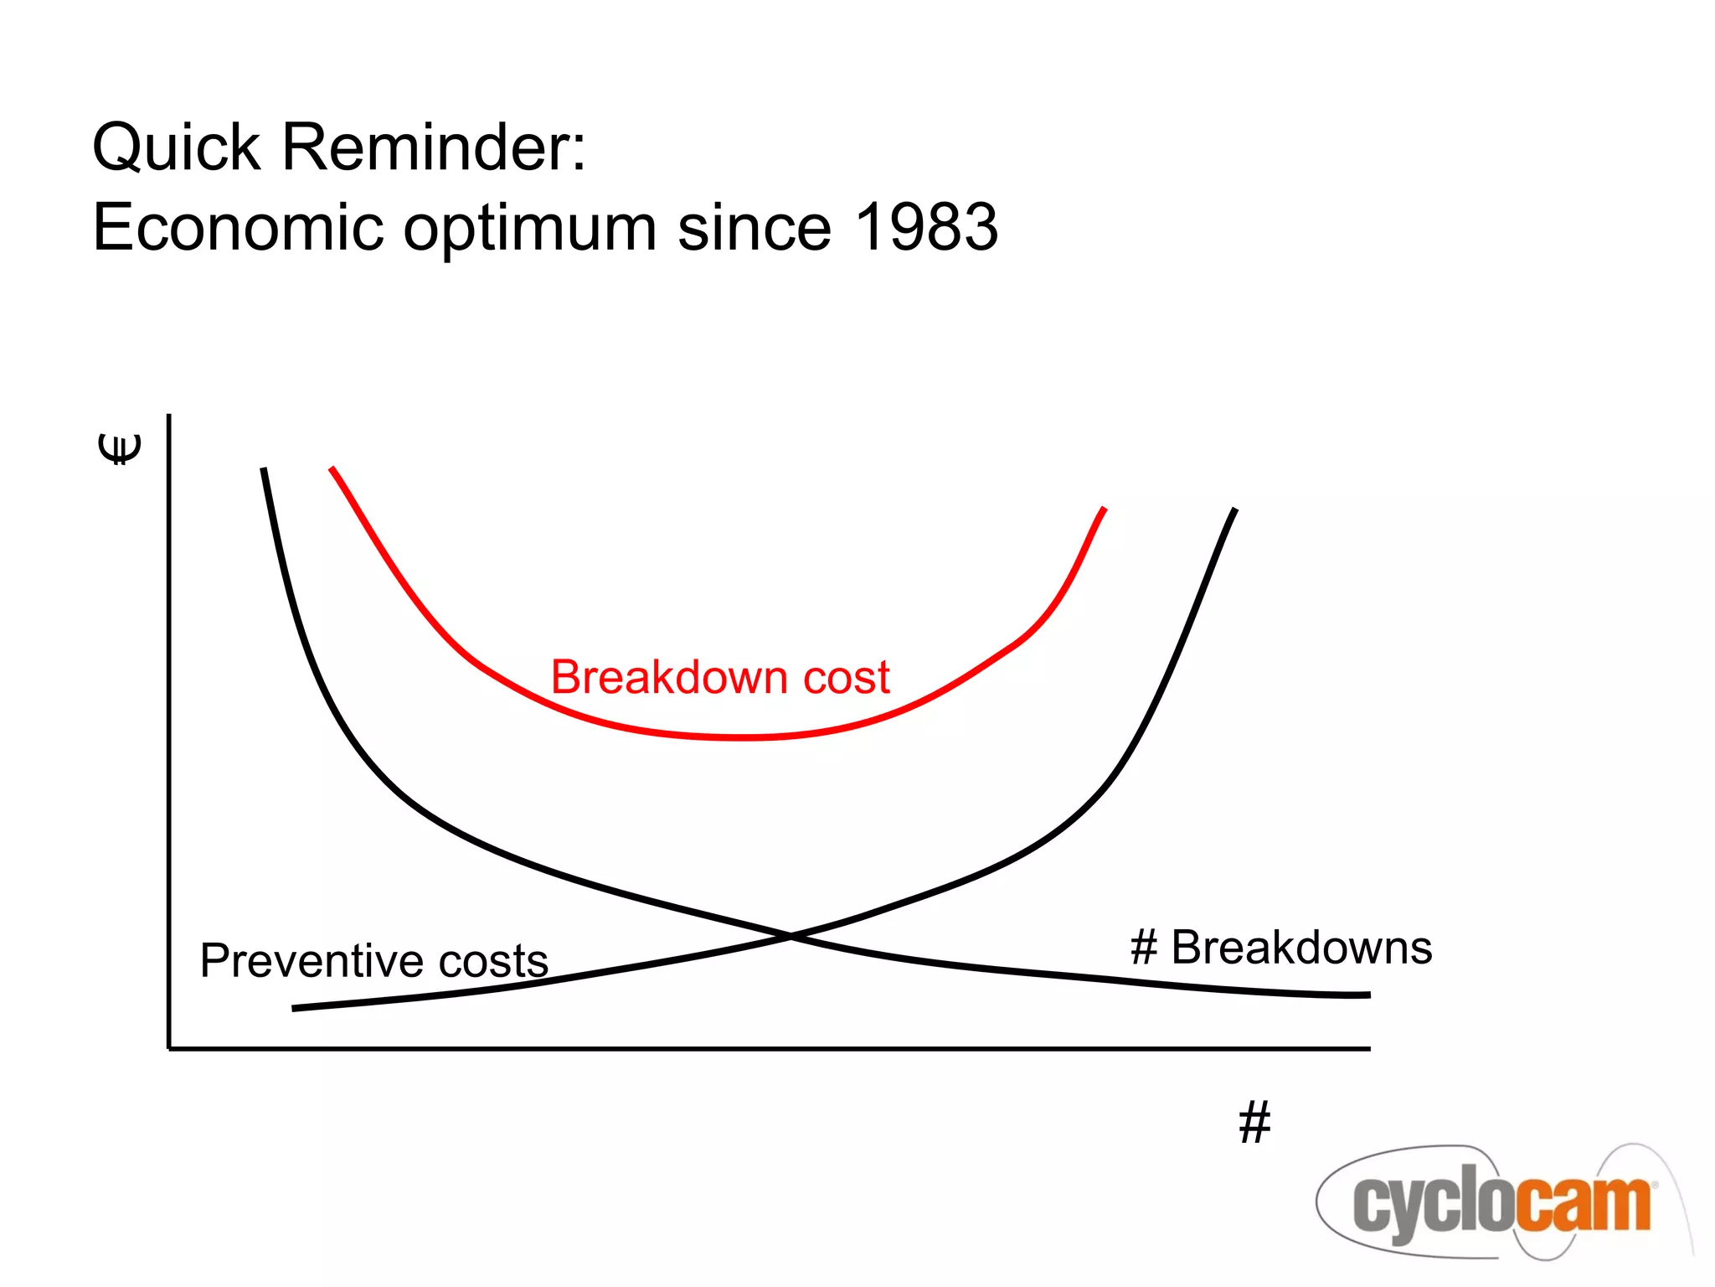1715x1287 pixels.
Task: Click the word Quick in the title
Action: coord(176,147)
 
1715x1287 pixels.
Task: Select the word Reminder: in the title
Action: coord(434,147)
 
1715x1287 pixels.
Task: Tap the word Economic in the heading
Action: coord(237,227)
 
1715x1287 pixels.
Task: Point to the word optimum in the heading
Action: coord(529,229)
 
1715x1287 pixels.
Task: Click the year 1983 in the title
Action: coord(927,227)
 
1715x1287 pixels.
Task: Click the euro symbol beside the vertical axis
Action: coord(121,449)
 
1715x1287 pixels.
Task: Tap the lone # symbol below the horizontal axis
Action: coord(1254,1122)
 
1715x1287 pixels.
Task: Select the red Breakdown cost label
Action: coord(720,677)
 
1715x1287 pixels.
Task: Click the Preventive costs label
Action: coord(374,960)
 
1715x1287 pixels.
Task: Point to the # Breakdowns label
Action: coord(1281,948)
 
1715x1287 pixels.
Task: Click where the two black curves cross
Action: coord(791,936)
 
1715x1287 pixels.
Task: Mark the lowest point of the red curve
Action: coord(741,737)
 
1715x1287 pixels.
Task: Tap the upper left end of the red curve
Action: coord(332,468)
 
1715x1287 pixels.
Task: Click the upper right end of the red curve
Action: coord(1105,509)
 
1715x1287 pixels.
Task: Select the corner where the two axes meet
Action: coord(169,1047)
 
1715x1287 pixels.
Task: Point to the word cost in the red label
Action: coord(847,677)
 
